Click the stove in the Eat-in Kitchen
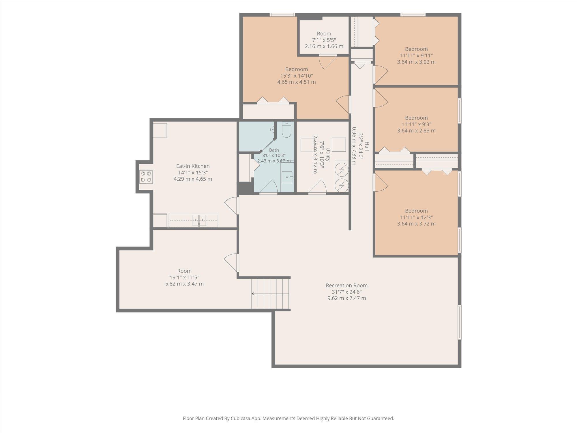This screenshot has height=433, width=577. (146, 177)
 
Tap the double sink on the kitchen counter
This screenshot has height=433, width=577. (199, 220)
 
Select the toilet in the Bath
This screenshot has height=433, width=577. (287, 130)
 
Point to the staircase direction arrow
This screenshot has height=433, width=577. (270, 294)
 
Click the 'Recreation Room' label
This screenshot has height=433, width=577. (347, 285)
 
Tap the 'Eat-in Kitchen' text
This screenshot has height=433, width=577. (193, 166)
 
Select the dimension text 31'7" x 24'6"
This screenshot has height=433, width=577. (347, 292)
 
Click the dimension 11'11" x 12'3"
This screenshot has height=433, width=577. (416, 217)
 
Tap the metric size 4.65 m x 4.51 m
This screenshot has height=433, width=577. (297, 82)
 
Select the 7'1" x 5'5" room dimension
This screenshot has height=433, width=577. (324, 40)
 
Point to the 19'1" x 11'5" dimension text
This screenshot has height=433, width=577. (184, 277)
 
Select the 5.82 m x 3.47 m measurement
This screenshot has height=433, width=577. (184, 284)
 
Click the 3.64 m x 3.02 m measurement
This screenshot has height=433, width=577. (416, 62)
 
